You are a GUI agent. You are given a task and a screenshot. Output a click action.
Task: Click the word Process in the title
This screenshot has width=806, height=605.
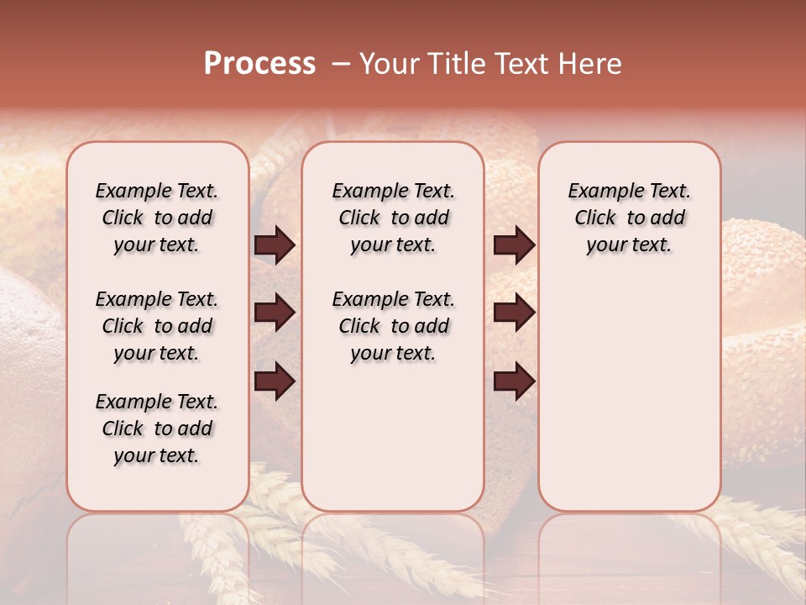pos(259,64)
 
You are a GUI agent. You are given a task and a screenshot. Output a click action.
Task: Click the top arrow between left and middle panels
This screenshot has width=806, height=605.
pos(275,245)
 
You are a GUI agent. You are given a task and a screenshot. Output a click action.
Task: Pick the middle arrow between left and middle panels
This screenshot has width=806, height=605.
pos(275,313)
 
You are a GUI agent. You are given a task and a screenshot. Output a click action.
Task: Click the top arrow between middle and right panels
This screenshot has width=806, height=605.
pos(514,245)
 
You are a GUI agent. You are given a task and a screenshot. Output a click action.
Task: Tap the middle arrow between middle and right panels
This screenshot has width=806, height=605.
pos(514,313)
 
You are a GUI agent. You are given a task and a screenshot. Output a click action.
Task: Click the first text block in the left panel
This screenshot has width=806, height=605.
pos(157,218)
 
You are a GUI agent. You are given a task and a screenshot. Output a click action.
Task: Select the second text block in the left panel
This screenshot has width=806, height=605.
pos(157,326)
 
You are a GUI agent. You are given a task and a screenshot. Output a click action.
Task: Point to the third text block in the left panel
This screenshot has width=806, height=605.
pos(157,429)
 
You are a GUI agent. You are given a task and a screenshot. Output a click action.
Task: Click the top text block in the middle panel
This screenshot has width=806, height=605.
pos(393,218)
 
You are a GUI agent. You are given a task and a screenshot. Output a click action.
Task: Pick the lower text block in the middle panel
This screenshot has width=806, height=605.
pos(393,326)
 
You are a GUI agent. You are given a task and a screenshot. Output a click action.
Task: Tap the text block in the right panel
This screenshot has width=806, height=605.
pos(630,218)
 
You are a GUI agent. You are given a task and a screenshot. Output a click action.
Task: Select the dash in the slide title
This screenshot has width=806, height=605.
pos(340,64)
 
